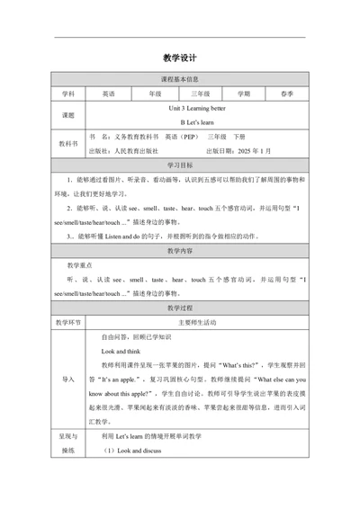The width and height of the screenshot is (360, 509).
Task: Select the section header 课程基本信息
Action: [180, 79]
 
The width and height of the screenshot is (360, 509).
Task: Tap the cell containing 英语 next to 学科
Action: [108, 93]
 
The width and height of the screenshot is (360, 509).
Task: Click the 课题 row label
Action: [68, 116]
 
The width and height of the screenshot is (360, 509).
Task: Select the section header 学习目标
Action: [180, 167]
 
